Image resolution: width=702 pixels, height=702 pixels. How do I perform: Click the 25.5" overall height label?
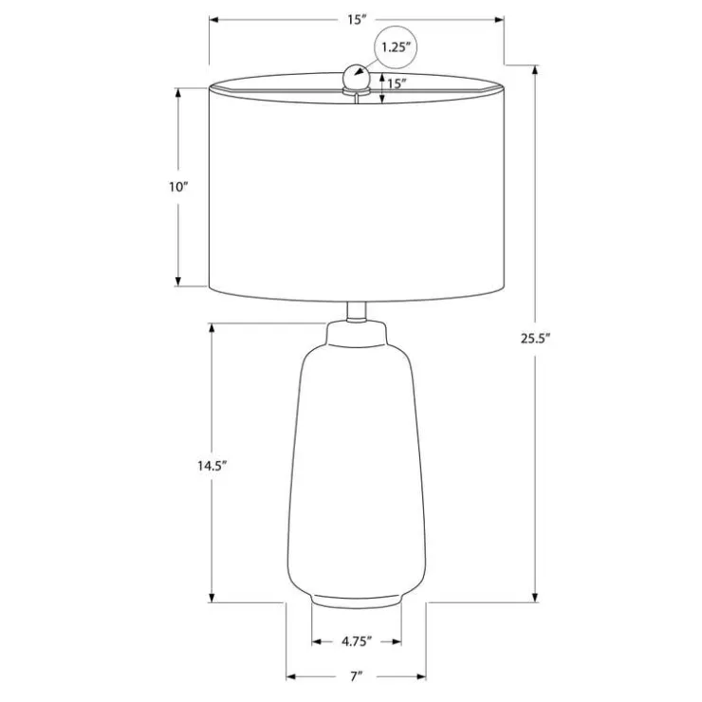point(534,339)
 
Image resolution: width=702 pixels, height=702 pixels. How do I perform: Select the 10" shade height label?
point(178,187)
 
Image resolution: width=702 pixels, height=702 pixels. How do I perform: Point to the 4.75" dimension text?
point(357,641)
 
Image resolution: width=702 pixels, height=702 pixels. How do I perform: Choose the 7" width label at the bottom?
point(357,676)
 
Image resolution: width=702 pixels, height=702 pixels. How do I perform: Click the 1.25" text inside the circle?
point(396,47)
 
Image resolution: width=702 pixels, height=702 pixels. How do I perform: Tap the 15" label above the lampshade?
point(357,20)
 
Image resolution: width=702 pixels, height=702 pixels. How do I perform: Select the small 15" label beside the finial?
point(397,83)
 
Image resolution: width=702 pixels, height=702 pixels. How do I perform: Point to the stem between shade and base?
point(357,311)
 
